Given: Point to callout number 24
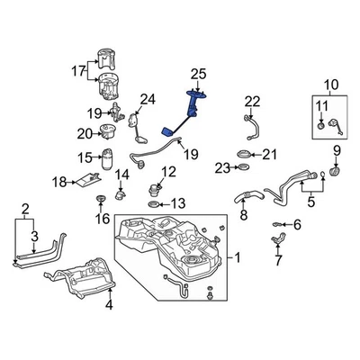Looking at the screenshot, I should pos(148,98).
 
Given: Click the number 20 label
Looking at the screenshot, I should pos(85,134).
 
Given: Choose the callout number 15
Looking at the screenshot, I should pos(85,157).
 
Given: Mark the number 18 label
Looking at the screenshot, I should pos(59,182).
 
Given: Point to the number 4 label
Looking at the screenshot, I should pos(109,305).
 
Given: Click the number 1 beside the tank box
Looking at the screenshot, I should pos(238,257).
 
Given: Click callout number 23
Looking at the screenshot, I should pos(221,167).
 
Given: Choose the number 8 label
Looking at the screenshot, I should pos(243,216).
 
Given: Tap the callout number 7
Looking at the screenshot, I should pos(278,261).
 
